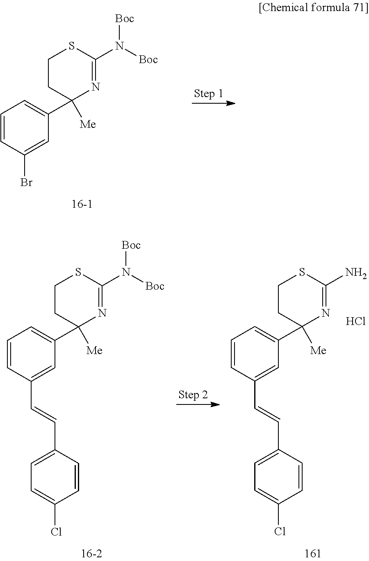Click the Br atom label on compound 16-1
26,182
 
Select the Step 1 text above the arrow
208,93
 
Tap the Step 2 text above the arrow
193,395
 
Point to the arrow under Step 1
213,103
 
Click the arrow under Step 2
198,404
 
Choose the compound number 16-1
82,204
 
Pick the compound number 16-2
91,554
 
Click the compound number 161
313,554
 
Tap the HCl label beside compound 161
355,321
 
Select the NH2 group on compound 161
356,273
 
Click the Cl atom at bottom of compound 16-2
56,532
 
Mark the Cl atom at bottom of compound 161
280,531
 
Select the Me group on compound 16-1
88,124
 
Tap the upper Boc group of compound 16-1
124,19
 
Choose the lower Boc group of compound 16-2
155,286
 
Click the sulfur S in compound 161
303,273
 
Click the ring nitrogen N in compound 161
326,313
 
